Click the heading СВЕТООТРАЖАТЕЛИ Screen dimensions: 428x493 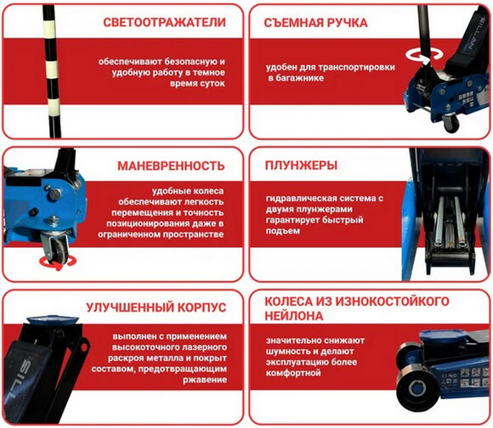point(161,22)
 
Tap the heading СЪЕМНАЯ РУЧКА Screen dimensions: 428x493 point(315,22)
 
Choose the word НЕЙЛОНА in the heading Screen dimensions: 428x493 point(294,316)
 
